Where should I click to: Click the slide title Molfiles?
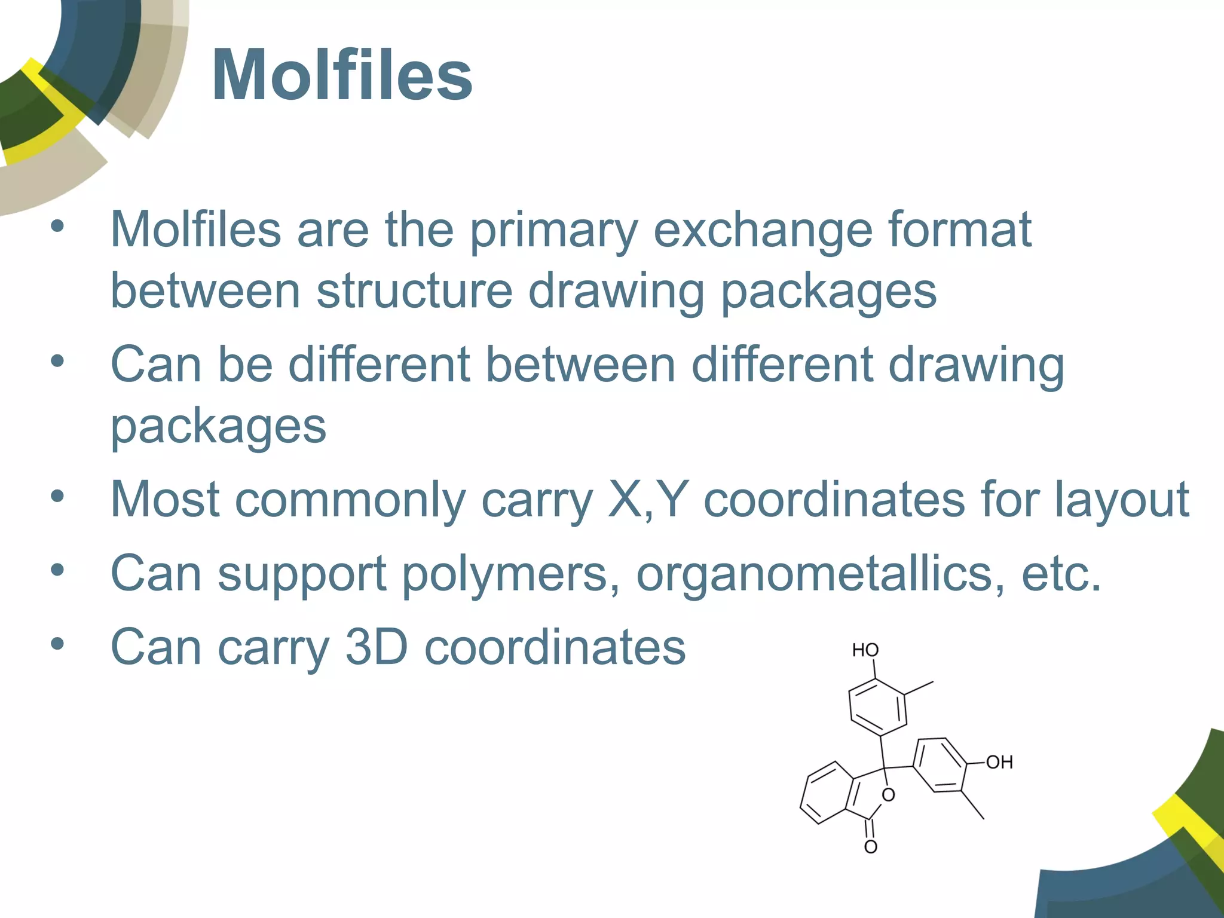tap(342, 76)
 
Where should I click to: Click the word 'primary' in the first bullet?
tap(553, 231)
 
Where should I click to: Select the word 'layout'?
tap(1121, 501)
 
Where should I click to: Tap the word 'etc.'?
tap(1061, 574)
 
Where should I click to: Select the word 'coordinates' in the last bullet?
tap(555, 648)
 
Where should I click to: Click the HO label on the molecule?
tap(865, 650)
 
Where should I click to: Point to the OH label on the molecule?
tap(999, 763)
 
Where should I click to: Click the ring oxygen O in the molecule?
tap(889, 795)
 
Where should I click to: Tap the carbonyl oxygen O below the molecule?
tap(871, 847)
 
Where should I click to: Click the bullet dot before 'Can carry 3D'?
tap(57, 644)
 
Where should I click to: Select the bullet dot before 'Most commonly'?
tap(57, 496)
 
